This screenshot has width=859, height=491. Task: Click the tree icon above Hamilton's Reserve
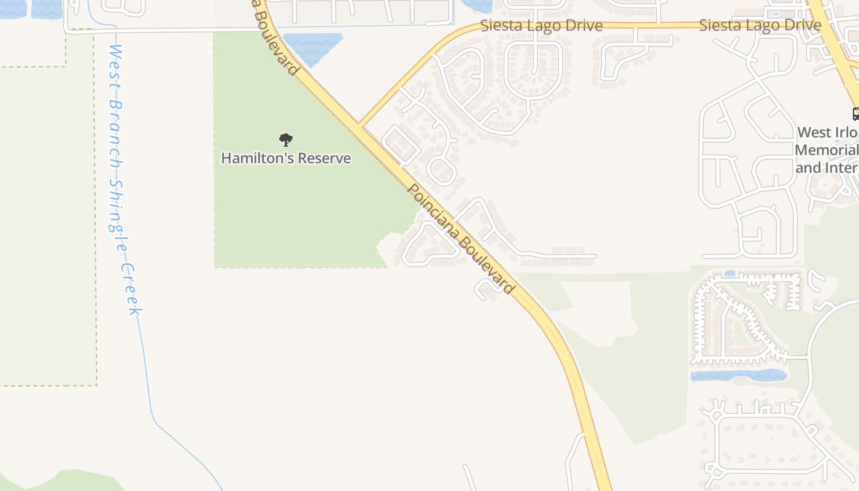(286, 140)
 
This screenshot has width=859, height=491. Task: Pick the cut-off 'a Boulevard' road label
(276, 37)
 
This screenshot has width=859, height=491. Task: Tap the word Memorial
(826, 150)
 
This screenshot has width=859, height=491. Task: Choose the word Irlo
(844, 133)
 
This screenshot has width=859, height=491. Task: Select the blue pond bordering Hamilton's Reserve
(312, 47)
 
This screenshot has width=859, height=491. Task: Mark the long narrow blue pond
(739, 375)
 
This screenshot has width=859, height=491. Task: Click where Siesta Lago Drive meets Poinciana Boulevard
(361, 125)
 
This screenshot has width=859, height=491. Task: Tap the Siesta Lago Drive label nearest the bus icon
(760, 26)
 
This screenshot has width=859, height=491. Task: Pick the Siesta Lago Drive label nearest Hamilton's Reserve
(541, 26)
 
